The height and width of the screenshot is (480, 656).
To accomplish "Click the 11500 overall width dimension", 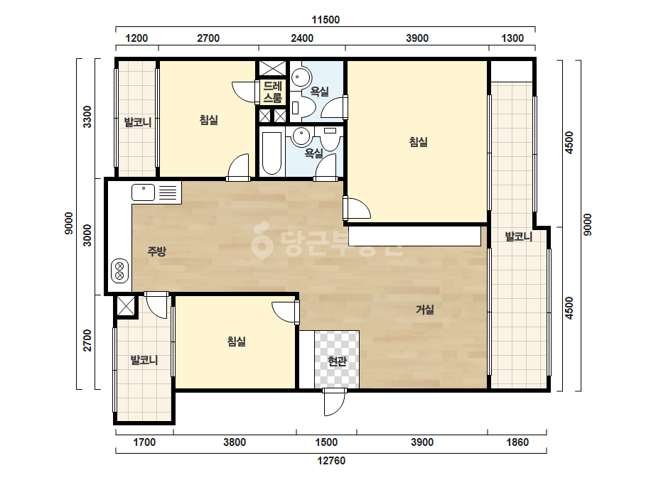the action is click(326, 20).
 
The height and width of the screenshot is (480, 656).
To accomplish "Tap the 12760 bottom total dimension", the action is click(331, 461).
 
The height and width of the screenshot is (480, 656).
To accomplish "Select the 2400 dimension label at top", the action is click(302, 38).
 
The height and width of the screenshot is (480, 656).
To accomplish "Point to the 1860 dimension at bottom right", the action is click(517, 442).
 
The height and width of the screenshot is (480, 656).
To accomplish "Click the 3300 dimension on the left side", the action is click(87, 117).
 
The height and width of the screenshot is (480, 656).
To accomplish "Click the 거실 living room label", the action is click(424, 310).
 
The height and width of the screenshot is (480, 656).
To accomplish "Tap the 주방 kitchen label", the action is click(157, 251).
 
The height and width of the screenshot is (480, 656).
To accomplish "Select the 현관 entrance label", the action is click(337, 361).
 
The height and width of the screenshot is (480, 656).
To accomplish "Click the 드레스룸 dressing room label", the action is click(272, 92).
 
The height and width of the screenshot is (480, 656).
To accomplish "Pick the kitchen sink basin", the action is click(144, 192).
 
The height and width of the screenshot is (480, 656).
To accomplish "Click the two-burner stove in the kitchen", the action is click(119, 270).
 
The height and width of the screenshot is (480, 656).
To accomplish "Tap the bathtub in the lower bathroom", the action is click(271, 153).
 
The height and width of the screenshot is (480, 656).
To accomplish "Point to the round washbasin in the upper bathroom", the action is click(301, 77).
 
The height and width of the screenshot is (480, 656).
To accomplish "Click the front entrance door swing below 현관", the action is click(334, 402).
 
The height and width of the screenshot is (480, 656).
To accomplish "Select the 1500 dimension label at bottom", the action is click(326, 442).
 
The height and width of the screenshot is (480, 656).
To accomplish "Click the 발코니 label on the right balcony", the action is click(519, 236).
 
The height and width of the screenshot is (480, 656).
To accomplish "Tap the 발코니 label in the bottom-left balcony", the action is click(144, 359).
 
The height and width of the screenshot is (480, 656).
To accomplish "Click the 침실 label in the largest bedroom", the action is click(419, 142).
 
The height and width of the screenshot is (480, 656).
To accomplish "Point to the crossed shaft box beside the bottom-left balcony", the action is click(127, 307).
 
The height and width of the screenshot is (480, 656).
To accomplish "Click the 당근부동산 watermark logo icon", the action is click(262, 241).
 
